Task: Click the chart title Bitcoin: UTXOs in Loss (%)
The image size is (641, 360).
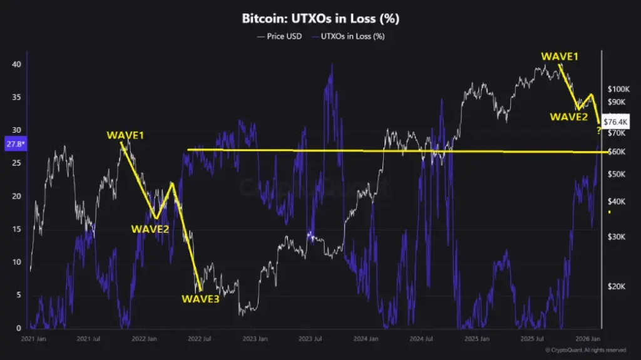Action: click(320, 19)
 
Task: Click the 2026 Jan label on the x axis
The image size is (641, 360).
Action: click(589, 340)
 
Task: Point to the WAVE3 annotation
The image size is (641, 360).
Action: click(200, 299)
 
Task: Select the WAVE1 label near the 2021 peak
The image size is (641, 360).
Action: click(124, 136)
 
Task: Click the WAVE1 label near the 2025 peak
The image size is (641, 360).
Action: click(560, 57)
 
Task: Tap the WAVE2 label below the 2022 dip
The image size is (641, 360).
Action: click(150, 229)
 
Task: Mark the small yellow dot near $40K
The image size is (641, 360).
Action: click(609, 212)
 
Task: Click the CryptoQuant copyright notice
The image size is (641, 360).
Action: click(585, 350)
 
